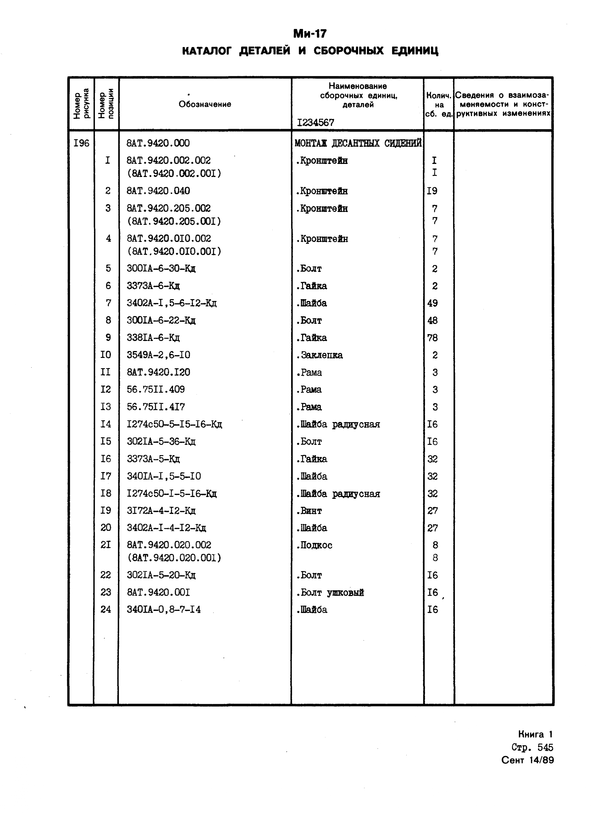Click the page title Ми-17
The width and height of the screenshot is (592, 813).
pyautogui.click(x=310, y=34)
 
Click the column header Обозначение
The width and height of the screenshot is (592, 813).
pyautogui.click(x=205, y=105)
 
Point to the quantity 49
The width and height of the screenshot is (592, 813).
pyautogui.click(x=433, y=303)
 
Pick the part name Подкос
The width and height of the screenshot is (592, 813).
pyautogui.click(x=314, y=545)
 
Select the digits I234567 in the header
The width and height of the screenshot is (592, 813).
pyautogui.click(x=315, y=123)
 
